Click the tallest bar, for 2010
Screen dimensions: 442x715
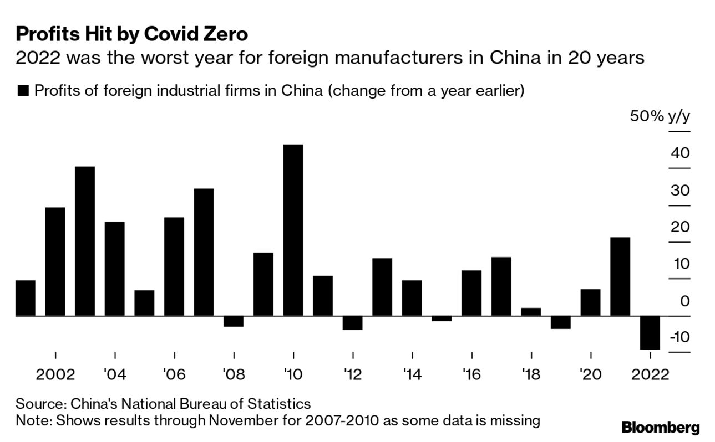click(x=293, y=230)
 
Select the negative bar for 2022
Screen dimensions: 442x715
click(x=650, y=332)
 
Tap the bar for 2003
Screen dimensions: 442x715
click(x=85, y=241)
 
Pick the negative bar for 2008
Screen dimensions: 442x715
click(x=234, y=321)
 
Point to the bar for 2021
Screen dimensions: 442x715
click(x=620, y=276)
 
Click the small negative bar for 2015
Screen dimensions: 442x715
click(x=442, y=318)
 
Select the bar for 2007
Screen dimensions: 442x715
click(x=204, y=252)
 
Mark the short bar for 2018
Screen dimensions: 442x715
click(x=531, y=312)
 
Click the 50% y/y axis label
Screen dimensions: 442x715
click(x=660, y=117)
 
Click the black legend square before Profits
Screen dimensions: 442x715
click(x=23, y=91)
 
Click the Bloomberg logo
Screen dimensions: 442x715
click(x=661, y=428)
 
